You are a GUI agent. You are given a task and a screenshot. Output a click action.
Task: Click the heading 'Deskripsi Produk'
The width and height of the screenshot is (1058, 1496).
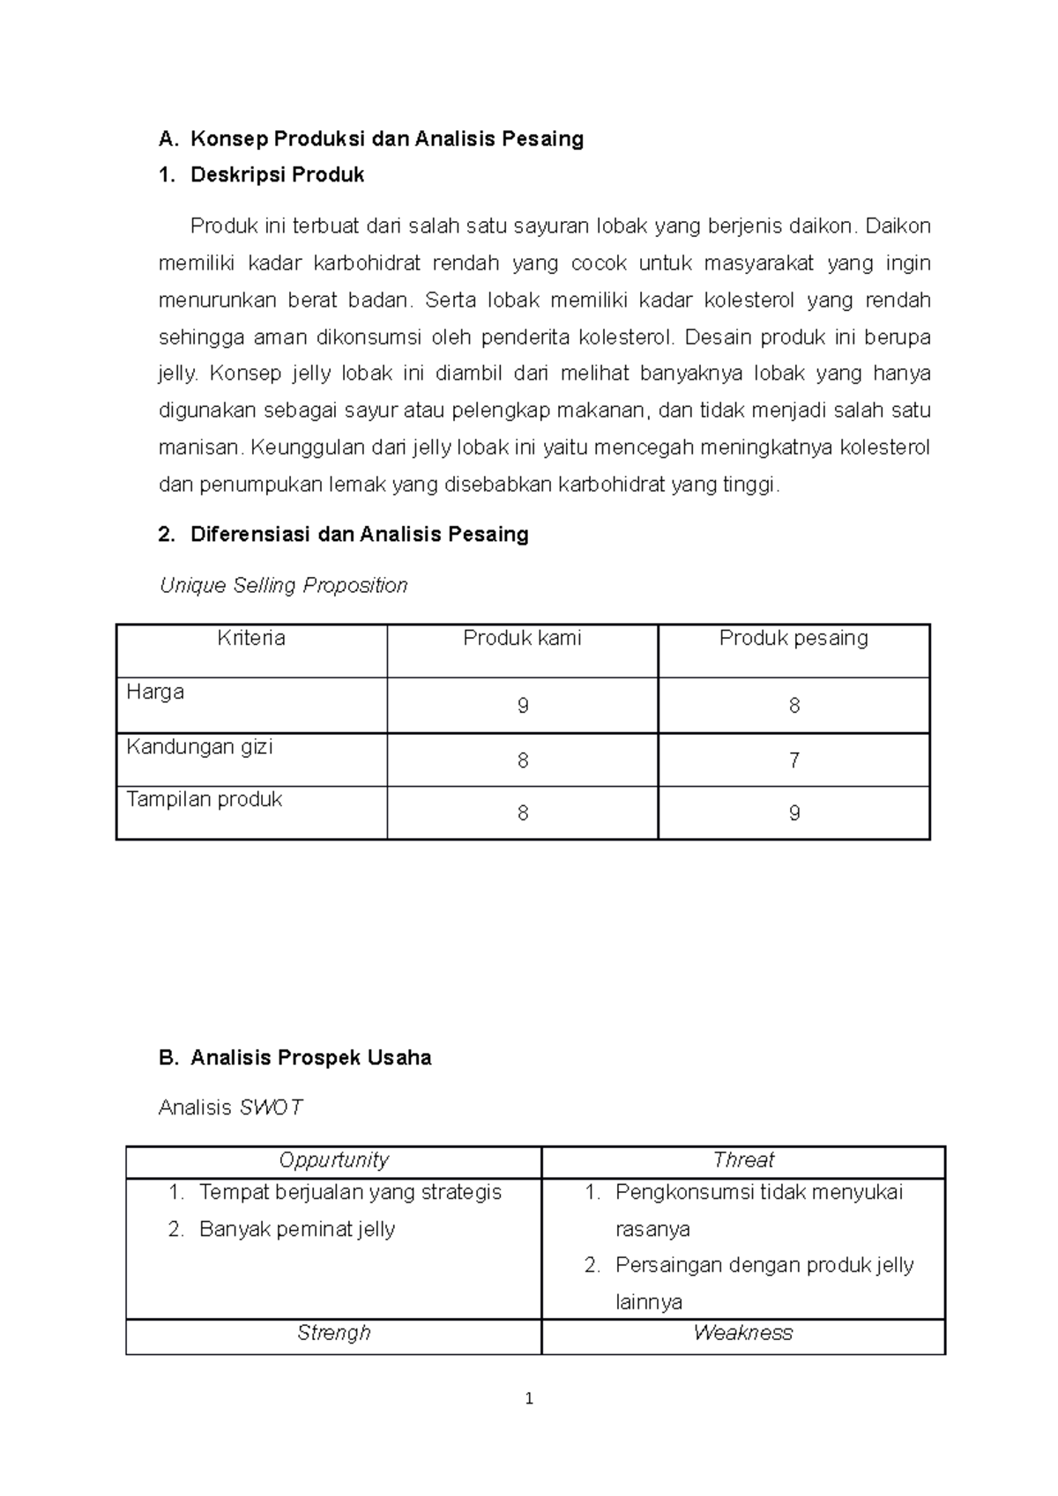click(277, 175)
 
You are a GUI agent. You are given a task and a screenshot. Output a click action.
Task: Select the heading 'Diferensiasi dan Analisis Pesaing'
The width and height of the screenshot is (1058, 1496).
click(359, 534)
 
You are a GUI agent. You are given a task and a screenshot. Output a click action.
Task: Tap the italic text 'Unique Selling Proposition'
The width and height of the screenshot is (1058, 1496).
click(283, 585)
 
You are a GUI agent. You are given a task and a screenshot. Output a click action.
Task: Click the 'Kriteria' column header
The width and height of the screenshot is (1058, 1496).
click(251, 638)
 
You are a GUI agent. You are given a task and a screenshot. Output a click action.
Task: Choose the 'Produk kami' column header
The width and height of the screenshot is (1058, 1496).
click(522, 638)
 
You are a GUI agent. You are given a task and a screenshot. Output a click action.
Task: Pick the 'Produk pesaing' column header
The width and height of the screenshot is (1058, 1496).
click(793, 638)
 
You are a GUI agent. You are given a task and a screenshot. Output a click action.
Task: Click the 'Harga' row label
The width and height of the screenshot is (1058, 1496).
click(155, 692)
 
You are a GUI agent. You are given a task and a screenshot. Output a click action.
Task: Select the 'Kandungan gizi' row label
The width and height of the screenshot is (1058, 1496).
click(199, 747)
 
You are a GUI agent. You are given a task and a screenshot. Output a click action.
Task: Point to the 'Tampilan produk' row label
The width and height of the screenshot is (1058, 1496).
click(204, 799)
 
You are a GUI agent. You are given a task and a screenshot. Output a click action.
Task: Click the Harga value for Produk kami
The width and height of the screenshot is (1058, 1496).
click(523, 706)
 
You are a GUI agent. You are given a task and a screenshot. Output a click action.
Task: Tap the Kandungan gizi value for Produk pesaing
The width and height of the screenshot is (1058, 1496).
click(793, 760)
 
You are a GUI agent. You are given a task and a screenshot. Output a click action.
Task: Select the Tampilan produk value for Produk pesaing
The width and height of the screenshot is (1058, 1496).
click(793, 813)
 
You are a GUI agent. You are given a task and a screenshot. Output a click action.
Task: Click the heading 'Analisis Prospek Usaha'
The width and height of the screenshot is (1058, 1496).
click(310, 1058)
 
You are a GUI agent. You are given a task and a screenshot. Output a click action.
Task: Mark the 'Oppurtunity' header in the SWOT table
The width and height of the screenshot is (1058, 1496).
click(333, 1160)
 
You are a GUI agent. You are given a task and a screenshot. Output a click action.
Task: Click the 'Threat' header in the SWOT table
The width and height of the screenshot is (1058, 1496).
click(743, 1160)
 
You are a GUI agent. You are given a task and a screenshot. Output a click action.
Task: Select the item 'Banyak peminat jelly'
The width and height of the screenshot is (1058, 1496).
click(297, 1229)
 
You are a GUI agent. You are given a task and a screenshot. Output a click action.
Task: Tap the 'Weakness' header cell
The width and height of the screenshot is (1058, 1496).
click(743, 1333)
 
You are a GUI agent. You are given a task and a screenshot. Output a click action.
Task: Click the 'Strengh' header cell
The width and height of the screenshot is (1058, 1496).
click(333, 1333)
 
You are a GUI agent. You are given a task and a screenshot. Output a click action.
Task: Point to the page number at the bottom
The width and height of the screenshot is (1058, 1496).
click(529, 1399)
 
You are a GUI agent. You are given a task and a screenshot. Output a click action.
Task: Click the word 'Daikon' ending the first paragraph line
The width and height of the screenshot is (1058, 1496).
click(898, 226)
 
